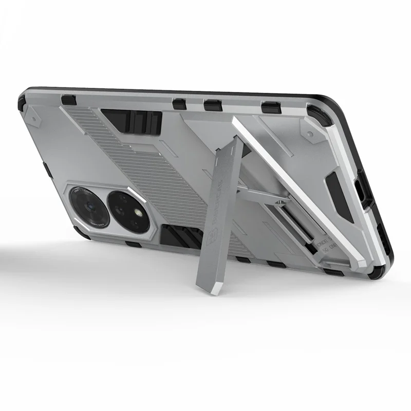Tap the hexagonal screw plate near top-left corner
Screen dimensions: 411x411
(35, 118)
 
